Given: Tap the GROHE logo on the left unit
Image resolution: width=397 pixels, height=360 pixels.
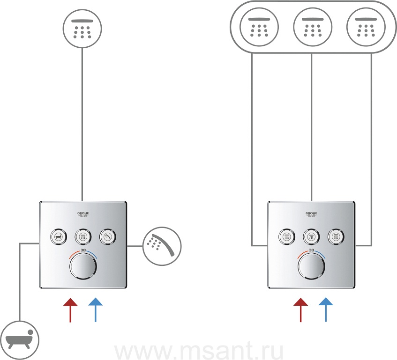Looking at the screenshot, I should click(83, 214).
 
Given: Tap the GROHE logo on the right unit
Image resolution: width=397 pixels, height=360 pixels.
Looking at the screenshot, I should click(311, 214).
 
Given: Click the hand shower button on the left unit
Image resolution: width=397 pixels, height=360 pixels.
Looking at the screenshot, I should click(108, 237).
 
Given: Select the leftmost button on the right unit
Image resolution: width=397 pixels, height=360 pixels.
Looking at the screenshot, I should click(286, 237).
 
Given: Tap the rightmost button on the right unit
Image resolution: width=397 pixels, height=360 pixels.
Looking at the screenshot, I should click(336, 237).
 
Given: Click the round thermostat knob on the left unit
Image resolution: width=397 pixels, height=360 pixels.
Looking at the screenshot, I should click(83, 268).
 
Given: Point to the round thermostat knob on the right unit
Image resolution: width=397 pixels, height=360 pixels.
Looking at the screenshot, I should click(311, 268).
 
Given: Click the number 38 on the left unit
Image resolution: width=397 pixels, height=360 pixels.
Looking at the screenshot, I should click(83, 251).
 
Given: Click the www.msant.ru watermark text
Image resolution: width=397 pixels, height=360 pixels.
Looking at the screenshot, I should click(199, 350).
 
